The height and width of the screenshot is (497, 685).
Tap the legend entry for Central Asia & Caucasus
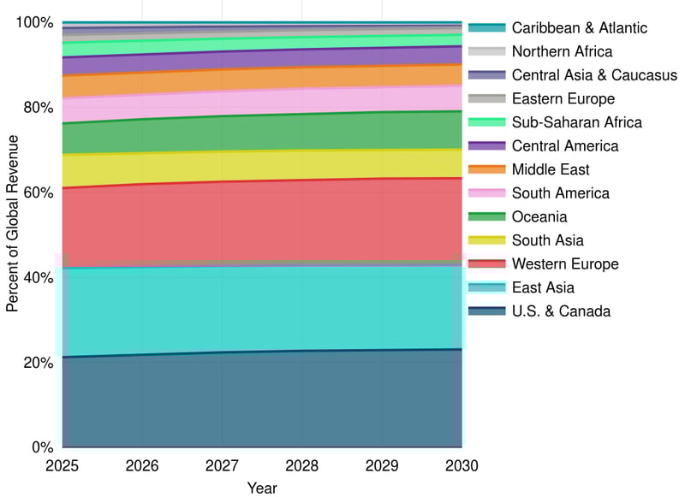594,75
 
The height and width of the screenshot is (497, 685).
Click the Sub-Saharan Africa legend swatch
487,122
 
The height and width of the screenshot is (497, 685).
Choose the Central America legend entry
564,146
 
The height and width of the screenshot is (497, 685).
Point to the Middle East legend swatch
487,169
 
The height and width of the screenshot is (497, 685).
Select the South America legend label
560,193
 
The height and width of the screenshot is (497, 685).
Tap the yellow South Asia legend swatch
487,240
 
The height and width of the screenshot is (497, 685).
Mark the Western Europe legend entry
565,264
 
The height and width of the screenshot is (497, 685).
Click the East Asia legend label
543,287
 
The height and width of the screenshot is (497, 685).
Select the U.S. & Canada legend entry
561,311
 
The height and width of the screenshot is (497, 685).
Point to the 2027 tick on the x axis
222,466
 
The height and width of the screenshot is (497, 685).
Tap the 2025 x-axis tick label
63,466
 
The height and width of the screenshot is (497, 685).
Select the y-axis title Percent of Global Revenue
13,234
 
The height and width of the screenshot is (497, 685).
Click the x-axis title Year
262,488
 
